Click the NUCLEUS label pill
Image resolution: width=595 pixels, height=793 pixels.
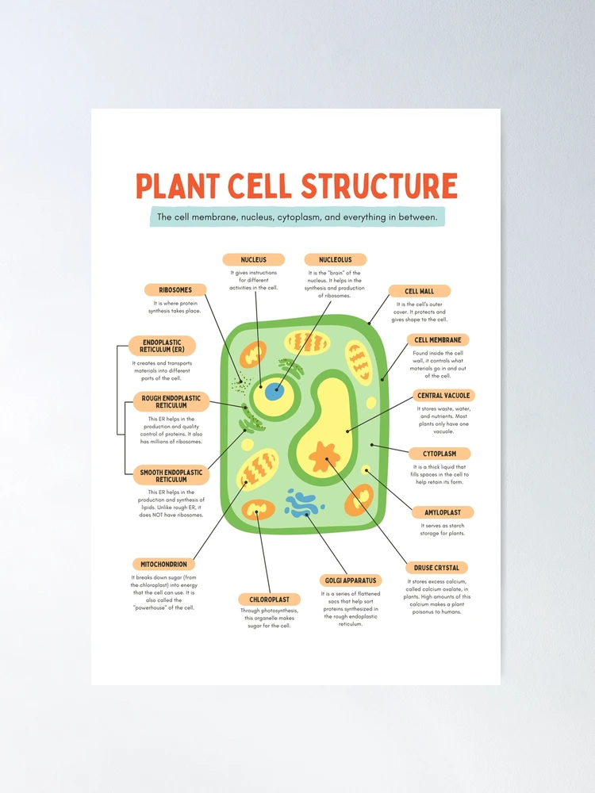coord(253,259)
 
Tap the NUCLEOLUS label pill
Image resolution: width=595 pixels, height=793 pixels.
coord(335,259)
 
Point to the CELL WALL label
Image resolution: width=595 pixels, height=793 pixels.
coord(419,291)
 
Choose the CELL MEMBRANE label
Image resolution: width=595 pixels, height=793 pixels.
coord(438,340)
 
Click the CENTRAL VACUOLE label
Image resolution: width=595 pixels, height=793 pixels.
coord(443,395)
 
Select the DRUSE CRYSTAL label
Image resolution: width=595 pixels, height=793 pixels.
coord(436,568)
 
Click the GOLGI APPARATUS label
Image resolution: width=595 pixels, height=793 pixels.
coord(351,580)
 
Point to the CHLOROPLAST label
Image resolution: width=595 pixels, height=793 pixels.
coord(270,600)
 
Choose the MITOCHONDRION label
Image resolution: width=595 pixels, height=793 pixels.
coord(163,564)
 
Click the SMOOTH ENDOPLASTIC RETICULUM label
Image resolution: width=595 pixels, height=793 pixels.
coord(171,476)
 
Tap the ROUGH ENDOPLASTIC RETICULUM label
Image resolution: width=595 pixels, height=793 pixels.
coord(171,401)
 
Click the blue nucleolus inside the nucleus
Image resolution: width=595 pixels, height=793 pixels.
coord(274,392)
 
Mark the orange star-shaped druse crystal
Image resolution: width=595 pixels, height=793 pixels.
coord(323,457)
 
